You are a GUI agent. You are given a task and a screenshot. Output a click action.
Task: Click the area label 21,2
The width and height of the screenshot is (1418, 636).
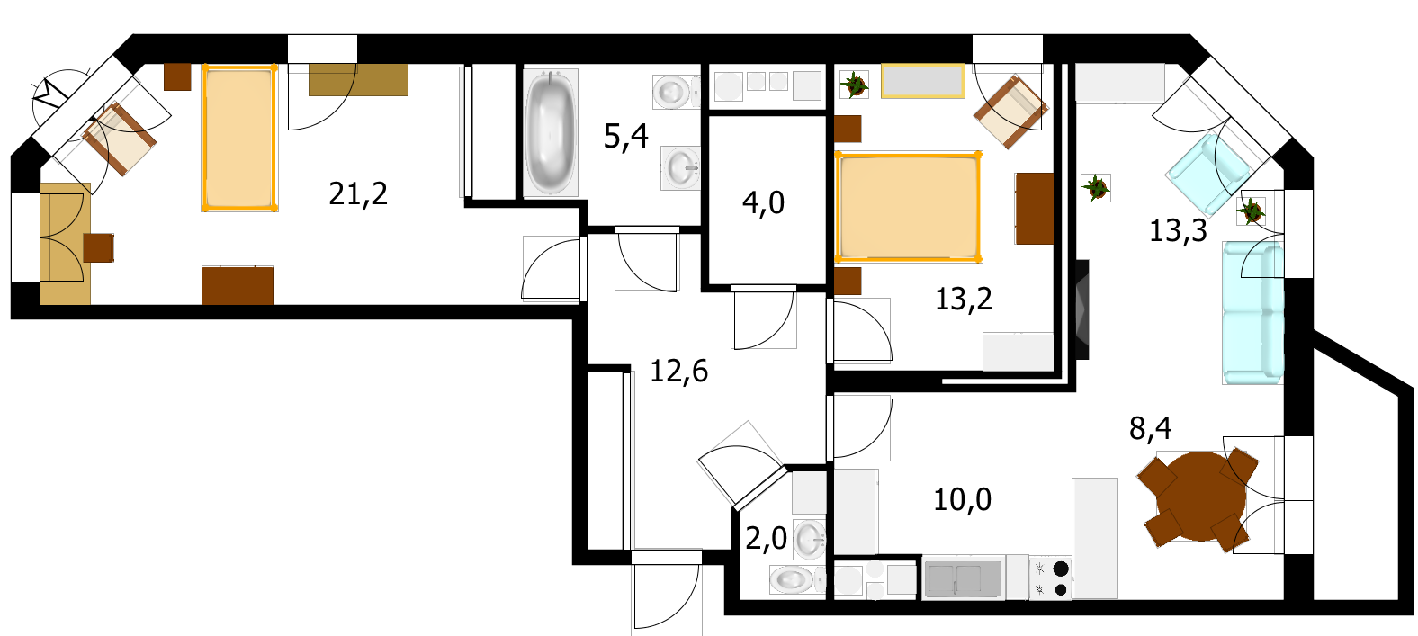click(358, 193)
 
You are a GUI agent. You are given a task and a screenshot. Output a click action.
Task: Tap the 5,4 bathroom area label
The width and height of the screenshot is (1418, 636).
click(626, 137)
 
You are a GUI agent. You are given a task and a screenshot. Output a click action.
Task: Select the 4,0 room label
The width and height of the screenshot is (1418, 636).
click(764, 203)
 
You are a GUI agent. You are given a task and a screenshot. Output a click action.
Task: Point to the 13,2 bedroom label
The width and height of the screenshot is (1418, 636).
click(964, 300)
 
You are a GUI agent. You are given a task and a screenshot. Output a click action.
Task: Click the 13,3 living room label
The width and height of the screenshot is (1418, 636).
click(1178, 231)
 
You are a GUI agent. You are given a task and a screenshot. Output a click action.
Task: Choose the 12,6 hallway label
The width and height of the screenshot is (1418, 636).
click(678, 372)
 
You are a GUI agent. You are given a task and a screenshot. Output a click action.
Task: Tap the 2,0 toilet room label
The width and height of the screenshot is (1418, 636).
click(766, 539)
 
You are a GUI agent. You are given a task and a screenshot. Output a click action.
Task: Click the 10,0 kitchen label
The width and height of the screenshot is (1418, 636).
click(962, 500)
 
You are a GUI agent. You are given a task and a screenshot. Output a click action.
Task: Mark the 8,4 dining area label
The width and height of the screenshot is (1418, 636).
click(1150, 429)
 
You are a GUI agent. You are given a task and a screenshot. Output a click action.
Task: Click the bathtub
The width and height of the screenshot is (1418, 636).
click(551, 132)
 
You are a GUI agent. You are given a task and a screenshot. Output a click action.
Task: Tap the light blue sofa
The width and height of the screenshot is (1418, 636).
click(1252, 313)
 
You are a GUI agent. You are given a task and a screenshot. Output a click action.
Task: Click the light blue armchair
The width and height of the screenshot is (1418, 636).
click(1208, 173)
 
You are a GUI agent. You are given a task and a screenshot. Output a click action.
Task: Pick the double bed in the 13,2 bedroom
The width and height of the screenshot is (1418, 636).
click(909, 206)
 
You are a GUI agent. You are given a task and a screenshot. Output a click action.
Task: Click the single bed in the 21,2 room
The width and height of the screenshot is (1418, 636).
click(239, 138)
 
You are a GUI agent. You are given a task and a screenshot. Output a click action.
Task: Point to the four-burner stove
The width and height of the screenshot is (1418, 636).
click(1050, 578)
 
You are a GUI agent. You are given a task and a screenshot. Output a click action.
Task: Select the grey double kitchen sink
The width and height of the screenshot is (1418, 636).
click(964, 578)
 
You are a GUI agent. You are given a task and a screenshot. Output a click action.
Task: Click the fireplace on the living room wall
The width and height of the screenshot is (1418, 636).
click(1081, 309)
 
